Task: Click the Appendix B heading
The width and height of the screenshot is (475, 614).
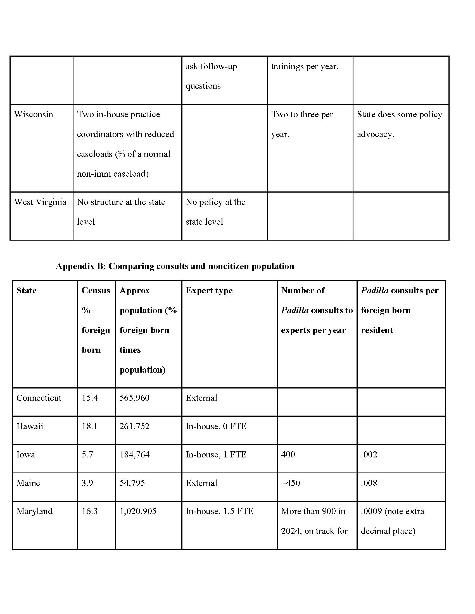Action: coord(175,266)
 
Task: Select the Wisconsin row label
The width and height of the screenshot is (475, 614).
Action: coord(34,114)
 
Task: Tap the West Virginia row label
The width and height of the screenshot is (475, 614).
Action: coord(40,202)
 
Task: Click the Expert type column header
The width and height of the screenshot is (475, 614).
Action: coord(209,291)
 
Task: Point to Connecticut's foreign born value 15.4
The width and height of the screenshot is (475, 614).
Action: coord(90,398)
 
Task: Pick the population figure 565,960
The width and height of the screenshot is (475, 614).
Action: coord(134,398)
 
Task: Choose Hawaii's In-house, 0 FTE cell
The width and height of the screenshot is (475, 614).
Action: coord(216,426)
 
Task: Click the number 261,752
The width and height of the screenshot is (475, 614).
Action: coord(134,426)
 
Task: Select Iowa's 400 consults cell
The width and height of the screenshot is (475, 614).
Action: coord(288,455)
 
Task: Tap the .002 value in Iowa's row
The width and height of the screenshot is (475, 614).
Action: coord(369,455)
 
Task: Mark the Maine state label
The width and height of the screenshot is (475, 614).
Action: coord(28,483)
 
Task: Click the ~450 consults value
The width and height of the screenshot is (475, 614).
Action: coord(290,483)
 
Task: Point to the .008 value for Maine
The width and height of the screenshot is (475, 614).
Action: coord(369,483)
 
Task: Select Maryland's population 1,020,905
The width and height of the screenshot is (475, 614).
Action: coord(138,511)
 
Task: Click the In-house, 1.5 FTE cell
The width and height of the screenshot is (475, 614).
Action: coord(220,511)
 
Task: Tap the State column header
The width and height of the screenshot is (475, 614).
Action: coord(27,291)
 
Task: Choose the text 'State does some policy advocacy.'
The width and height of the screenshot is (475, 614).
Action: coord(399,124)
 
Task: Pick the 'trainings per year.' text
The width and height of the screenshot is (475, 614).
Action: coord(305,66)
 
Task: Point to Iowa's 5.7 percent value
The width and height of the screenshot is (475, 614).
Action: coord(87,455)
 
